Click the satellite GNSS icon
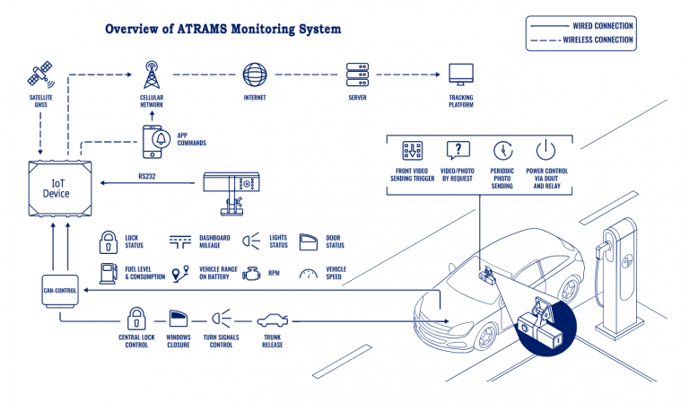coord(41,73)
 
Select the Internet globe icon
coord(254,73)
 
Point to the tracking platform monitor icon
coord(460,74)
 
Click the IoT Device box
coord(57,187)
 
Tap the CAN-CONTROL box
coord(58,290)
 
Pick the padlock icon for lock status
coord(108,241)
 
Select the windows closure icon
coord(179,319)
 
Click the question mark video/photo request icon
coord(458,150)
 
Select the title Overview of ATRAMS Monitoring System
coord(222,29)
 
